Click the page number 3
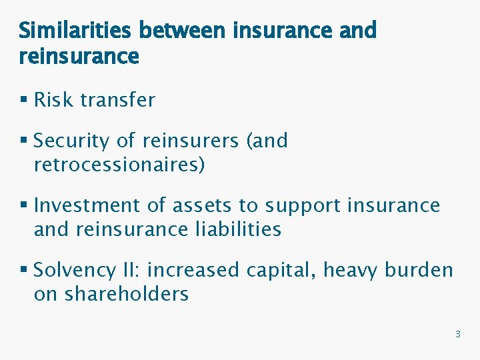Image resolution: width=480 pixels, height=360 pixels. (457, 334)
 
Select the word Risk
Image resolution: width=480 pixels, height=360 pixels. (53, 100)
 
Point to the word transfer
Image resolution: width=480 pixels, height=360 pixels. (117, 100)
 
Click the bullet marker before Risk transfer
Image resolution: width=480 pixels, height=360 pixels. (24, 101)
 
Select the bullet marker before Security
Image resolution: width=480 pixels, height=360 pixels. (24, 141)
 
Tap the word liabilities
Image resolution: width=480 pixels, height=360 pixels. (239, 229)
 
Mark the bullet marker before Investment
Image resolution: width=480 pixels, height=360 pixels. (24, 206)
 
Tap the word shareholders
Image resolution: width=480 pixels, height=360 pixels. (127, 294)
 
